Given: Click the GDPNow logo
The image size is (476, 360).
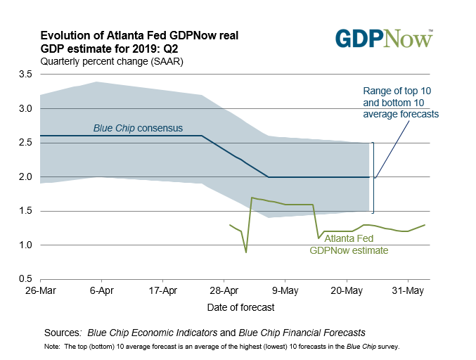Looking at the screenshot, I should coord(383,38).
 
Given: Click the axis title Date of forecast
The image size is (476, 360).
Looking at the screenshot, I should coord(240,307).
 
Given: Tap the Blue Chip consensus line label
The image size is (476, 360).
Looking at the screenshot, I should coord(138,129).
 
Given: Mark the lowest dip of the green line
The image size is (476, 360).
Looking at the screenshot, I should coord(246,252).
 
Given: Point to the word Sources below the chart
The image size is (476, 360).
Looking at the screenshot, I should coord(61,332).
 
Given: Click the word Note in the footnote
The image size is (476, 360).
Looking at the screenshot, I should coord(51,347).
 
